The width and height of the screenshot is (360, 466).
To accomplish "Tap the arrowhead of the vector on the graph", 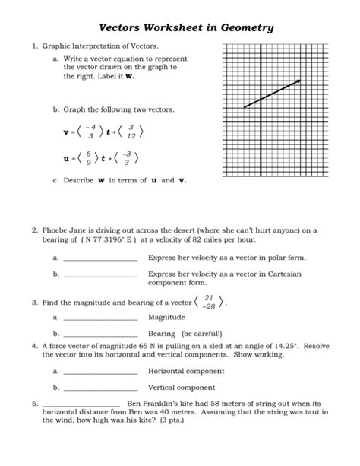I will click(298, 81).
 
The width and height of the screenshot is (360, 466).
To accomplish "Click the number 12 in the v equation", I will click(131, 137).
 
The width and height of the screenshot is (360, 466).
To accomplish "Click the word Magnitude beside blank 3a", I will click(166, 318).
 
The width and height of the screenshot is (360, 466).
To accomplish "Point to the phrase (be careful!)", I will click(201, 334).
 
